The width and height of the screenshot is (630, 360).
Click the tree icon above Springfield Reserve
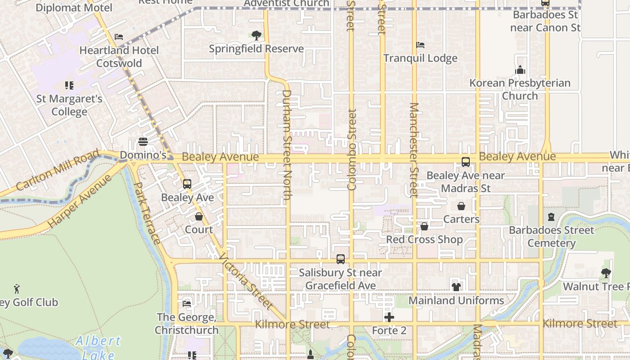click(x=256, y=35)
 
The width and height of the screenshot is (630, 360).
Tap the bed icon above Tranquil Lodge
click(x=420, y=45)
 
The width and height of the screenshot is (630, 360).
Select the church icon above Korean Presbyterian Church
click(x=520, y=70)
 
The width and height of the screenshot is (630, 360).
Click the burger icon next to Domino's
click(x=143, y=142)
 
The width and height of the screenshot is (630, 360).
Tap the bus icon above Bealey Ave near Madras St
click(x=466, y=162)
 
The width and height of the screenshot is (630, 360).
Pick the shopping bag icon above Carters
click(x=461, y=206)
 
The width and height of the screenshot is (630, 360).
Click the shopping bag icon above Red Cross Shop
click(x=424, y=226)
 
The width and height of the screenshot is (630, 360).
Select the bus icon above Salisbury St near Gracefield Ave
click(x=341, y=259)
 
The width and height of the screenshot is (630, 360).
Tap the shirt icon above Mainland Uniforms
click(x=456, y=287)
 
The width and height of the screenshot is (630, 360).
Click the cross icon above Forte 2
click(x=389, y=317)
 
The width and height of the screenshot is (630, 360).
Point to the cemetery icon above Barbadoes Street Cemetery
click(x=551, y=217)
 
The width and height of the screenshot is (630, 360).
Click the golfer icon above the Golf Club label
click(x=17, y=288)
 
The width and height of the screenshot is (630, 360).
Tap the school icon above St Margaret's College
click(x=69, y=85)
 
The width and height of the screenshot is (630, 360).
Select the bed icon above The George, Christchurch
click(x=187, y=303)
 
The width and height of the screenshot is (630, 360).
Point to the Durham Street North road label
click(x=287, y=145)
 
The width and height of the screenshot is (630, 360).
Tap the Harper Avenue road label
click(x=80, y=201)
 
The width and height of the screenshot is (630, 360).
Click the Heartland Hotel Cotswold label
click(x=119, y=57)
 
